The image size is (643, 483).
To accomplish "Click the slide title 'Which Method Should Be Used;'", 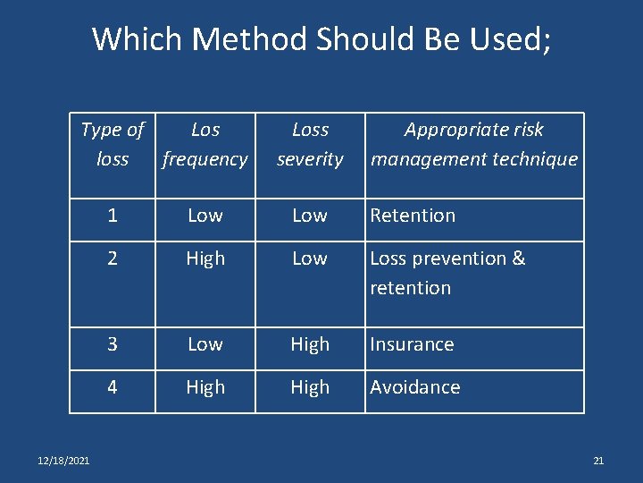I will pyautogui.click(x=321, y=39).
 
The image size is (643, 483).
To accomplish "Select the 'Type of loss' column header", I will pyautogui.click(x=113, y=144).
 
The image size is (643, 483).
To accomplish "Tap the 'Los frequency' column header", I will pyautogui.click(x=205, y=144).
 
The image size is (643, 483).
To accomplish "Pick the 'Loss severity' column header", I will pyautogui.click(x=310, y=144).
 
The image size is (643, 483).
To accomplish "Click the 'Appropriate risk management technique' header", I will pyautogui.click(x=474, y=144).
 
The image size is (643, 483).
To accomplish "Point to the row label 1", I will pyautogui.click(x=113, y=216).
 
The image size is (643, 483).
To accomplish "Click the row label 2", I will pyautogui.click(x=113, y=258).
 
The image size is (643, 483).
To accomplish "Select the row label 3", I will pyautogui.click(x=113, y=344).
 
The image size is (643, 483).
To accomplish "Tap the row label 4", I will pyautogui.click(x=113, y=387).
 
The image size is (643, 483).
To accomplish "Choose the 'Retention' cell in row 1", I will pyautogui.click(x=413, y=216).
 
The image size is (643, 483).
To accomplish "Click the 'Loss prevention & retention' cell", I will pyautogui.click(x=447, y=273).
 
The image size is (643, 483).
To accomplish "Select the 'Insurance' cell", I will pyautogui.click(x=412, y=344).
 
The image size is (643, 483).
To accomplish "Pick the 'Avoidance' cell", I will pyautogui.click(x=415, y=387).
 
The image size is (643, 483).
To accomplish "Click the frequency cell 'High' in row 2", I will pyautogui.click(x=205, y=258).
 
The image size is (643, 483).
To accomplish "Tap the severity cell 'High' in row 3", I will pyautogui.click(x=310, y=344).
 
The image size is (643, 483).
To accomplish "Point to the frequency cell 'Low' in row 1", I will pyautogui.click(x=205, y=216).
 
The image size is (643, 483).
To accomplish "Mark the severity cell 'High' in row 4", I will pyautogui.click(x=310, y=387).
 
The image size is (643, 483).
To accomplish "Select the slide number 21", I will pyautogui.click(x=598, y=461).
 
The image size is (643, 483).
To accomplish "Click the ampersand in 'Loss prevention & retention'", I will pyautogui.click(x=519, y=258).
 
